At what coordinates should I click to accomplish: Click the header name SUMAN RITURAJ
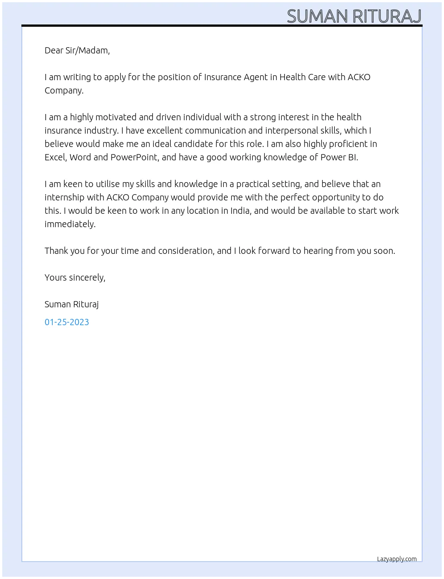pos(354,16)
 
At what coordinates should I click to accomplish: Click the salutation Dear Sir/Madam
pos(77,50)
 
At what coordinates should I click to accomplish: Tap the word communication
pos(215,130)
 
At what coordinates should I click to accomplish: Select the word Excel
pos(55,157)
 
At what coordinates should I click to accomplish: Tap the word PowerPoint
pos(134,157)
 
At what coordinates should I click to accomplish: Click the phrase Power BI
pos(339,157)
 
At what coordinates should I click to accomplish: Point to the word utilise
pos(108,184)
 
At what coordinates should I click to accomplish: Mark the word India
pos(240,211)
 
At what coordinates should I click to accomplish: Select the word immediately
pos(70,224)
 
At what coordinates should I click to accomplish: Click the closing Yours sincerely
pos(75,277)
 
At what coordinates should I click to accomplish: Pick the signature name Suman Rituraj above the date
pos(71,304)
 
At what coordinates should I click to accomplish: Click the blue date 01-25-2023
pos(67,322)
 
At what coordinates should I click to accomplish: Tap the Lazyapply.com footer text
pos(397,559)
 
